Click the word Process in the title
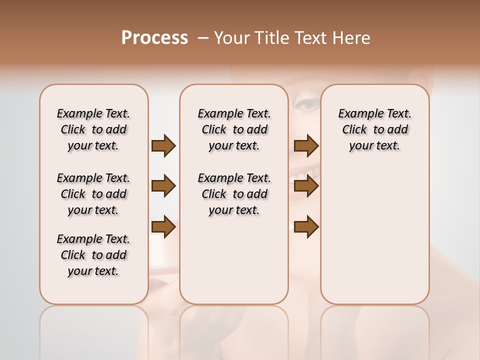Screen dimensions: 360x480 tap(154, 38)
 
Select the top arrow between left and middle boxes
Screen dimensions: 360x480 tap(163, 146)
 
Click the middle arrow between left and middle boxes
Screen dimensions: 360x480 tap(163, 186)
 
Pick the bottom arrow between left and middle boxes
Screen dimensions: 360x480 tap(163, 227)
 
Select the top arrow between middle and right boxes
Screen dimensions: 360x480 tap(306, 146)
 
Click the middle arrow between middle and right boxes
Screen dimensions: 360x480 tap(306, 186)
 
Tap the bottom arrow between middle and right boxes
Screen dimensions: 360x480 tap(306, 227)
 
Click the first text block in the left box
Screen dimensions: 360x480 tap(93, 129)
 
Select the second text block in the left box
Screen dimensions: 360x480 tap(93, 194)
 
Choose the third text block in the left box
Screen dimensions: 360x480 tap(93, 255)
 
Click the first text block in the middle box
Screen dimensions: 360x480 tap(234, 129)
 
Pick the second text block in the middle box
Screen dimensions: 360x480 tap(234, 194)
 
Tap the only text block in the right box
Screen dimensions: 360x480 tap(374, 129)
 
